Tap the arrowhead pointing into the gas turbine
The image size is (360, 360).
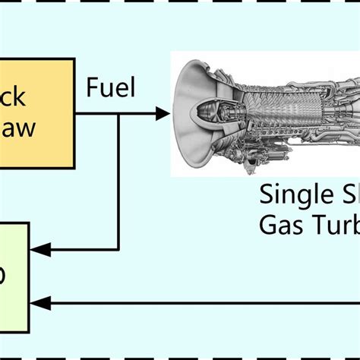click(x=163, y=114)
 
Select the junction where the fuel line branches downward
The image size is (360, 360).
click(x=118, y=114)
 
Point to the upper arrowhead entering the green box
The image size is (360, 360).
click(x=37, y=248)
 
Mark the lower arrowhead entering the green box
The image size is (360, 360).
click(x=37, y=303)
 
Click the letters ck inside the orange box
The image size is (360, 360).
click(x=13, y=96)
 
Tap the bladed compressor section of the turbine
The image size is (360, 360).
click(x=266, y=106)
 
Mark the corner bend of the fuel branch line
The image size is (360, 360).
click(x=118, y=248)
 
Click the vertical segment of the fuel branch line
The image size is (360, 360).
click(x=118, y=182)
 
